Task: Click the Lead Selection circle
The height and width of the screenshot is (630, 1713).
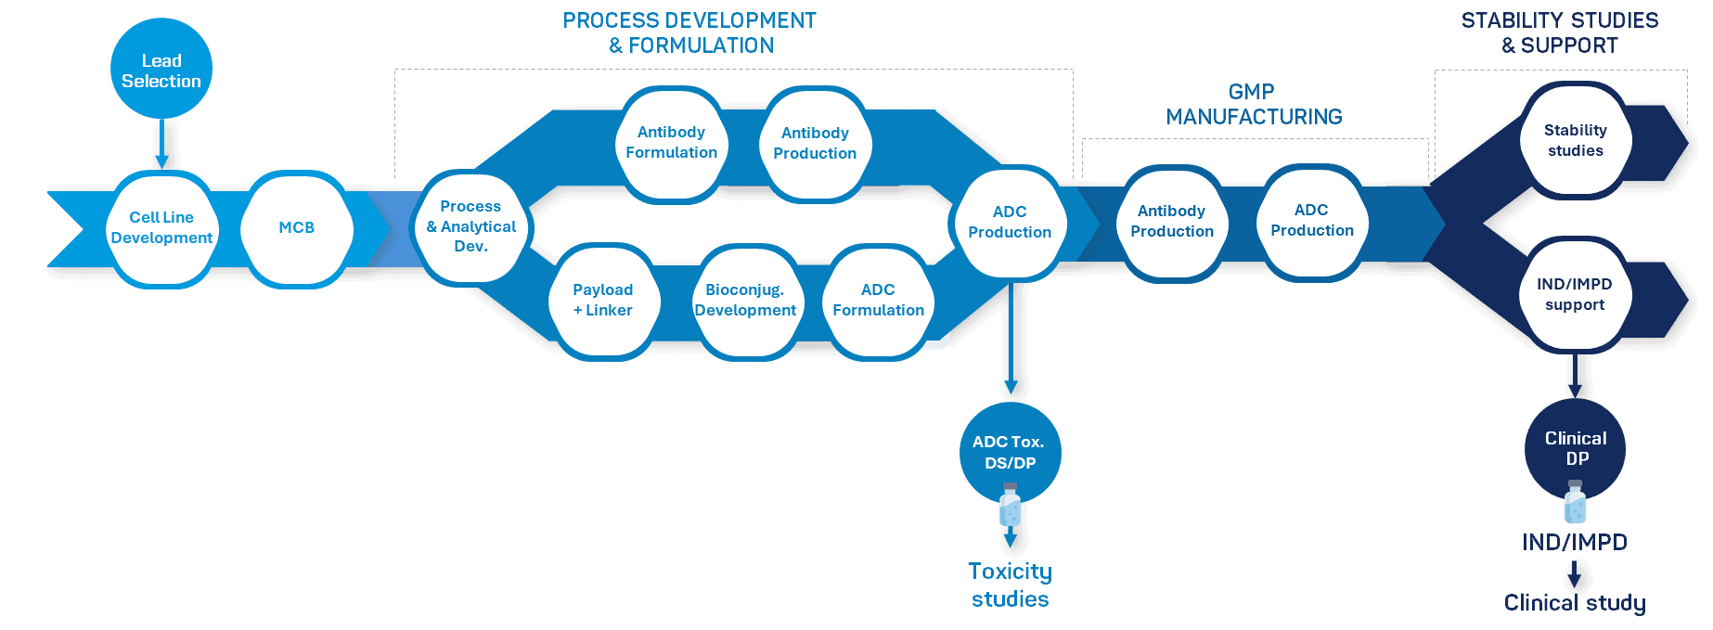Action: [x=161, y=71]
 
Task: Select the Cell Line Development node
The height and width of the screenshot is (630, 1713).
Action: [x=161, y=227]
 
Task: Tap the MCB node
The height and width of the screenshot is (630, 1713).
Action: [x=296, y=227]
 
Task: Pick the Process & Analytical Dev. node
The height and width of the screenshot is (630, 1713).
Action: [x=471, y=226]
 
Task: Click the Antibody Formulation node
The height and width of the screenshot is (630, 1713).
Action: [x=671, y=143]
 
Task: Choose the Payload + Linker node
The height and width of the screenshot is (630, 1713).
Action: [x=603, y=300]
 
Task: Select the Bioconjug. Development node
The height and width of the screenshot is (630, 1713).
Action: [x=745, y=300]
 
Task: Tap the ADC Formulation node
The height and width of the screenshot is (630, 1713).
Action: [x=878, y=300]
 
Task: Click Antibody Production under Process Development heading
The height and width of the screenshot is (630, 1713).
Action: [x=815, y=143]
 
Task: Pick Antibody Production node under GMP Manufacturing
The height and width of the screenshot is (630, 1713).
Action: [x=1172, y=222]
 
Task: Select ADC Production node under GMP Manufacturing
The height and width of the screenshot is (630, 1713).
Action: [x=1311, y=221]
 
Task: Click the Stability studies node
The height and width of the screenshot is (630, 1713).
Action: [x=1575, y=140]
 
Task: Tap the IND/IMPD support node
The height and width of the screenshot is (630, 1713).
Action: [x=1574, y=294]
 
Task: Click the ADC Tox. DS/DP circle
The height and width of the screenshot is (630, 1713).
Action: [x=1010, y=452]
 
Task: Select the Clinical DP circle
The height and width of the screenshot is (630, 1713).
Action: [x=1575, y=448]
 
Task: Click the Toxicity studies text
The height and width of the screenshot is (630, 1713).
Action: [x=1010, y=585]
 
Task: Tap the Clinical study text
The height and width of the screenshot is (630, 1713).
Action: [x=1574, y=603]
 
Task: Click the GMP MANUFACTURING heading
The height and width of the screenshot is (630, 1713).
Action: [x=1254, y=104]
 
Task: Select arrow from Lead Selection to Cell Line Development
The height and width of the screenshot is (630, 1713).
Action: [x=161, y=144]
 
